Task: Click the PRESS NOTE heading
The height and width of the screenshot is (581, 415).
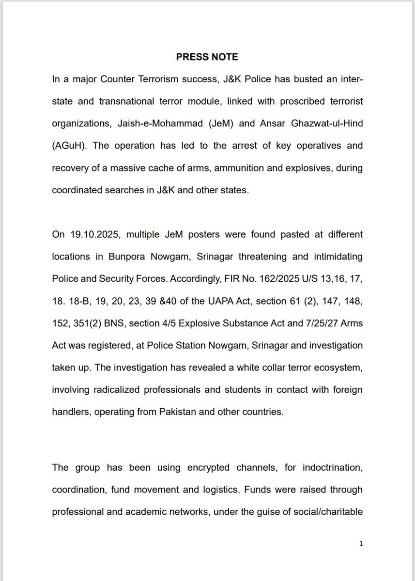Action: (x=207, y=57)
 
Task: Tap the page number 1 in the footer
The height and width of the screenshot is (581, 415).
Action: (x=361, y=544)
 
